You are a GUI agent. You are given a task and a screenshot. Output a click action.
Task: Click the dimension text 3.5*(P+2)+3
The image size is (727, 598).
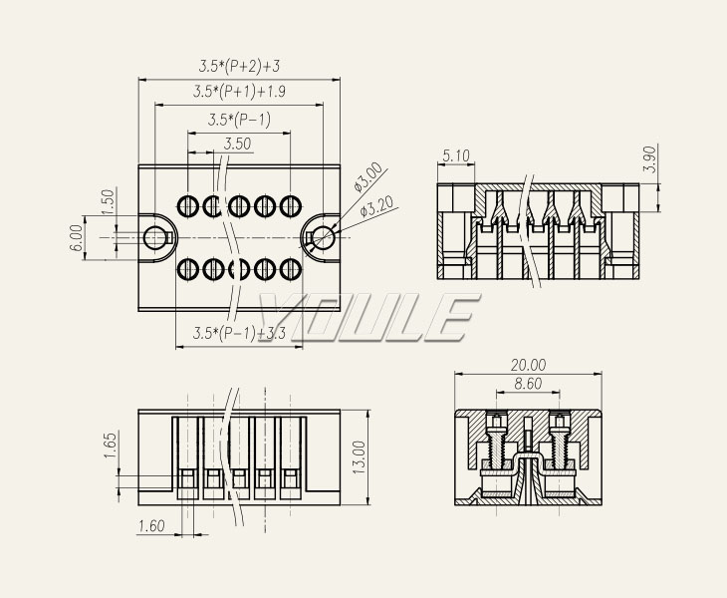click(x=239, y=67)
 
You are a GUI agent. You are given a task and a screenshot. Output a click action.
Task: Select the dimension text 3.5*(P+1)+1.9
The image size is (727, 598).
click(x=239, y=92)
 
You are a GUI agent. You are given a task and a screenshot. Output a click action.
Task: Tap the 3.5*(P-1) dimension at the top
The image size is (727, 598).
click(x=239, y=120)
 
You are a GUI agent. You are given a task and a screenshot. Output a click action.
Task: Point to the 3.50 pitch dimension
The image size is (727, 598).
click(x=237, y=144)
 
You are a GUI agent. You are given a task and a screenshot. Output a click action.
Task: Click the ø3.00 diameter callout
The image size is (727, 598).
click(x=367, y=176)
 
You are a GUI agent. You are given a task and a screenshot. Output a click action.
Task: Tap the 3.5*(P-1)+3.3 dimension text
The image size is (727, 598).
click(x=239, y=332)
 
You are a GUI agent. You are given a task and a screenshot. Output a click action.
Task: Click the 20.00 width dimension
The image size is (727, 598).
click(x=528, y=365)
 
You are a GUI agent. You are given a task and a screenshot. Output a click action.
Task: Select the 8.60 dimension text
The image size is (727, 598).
click(x=528, y=383)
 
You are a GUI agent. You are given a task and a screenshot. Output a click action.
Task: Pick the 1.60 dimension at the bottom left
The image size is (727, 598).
click(x=150, y=525)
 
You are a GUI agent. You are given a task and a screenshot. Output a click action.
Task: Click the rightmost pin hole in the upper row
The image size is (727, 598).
click(x=290, y=206)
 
